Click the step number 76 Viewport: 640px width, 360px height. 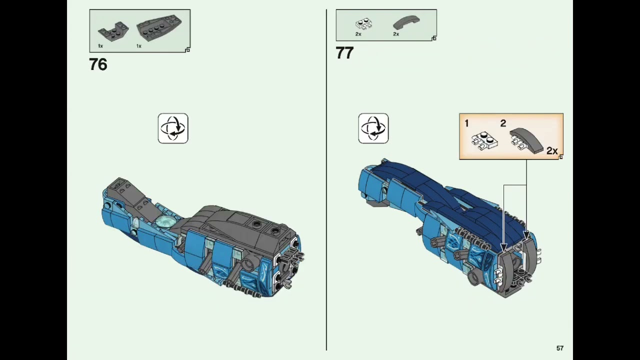tap(98, 64)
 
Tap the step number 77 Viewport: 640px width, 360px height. tap(345, 53)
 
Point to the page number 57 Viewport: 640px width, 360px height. tap(560, 348)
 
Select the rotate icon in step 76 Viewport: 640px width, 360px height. tap(173, 128)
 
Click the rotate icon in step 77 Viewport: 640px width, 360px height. tap(373, 128)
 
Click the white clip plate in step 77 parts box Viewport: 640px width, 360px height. tap(363, 23)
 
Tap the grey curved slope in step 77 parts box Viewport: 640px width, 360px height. tap(406, 23)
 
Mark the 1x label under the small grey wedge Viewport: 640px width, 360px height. tap(100, 46)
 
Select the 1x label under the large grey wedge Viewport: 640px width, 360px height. tap(139, 46)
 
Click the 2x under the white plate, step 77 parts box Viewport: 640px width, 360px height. tap(358, 34)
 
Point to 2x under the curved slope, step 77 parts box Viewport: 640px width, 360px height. tap(396, 34)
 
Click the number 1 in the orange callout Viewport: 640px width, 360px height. tap(466, 123)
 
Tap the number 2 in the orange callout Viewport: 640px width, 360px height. tap(503, 123)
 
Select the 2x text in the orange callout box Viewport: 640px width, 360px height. tap(552, 151)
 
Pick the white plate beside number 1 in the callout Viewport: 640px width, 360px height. tap(484, 140)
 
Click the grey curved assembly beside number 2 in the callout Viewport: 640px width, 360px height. tap(526, 140)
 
